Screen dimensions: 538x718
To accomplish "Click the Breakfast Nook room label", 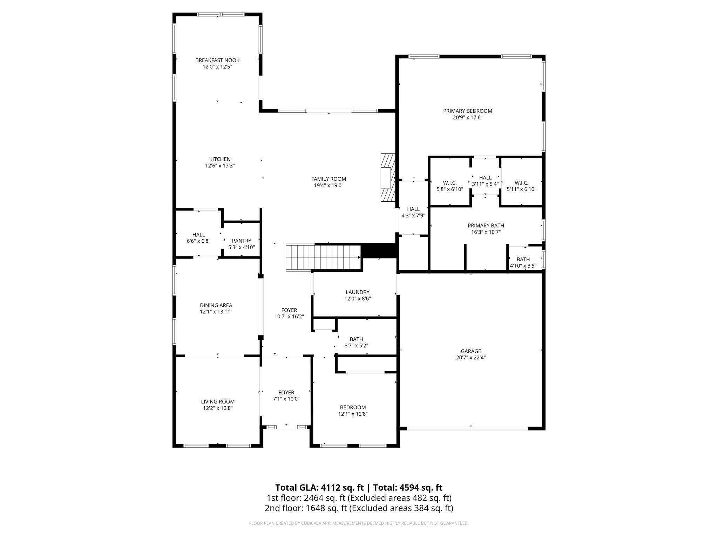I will pyautogui.click(x=217, y=60).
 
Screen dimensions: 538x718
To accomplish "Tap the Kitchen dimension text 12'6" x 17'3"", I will pyautogui.click(x=220, y=166).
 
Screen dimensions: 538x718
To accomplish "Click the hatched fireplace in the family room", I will pyautogui.click(x=387, y=178).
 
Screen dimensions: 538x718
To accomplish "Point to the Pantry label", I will pyautogui.click(x=242, y=241).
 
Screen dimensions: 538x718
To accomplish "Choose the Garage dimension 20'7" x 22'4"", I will pyautogui.click(x=471, y=358).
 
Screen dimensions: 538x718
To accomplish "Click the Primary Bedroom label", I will pyautogui.click(x=467, y=111).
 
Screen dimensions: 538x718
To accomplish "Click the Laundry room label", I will pyautogui.click(x=357, y=292).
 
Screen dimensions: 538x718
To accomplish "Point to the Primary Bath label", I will pyautogui.click(x=486, y=226).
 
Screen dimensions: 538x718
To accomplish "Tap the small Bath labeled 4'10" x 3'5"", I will pyautogui.click(x=523, y=259).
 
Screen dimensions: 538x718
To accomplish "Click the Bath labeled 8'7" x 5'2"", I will pyautogui.click(x=356, y=339).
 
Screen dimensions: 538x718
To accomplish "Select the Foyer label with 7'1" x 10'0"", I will pyautogui.click(x=286, y=392).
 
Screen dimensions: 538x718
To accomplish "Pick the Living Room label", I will pyautogui.click(x=217, y=402).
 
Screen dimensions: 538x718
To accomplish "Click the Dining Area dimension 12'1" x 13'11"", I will pyautogui.click(x=216, y=311).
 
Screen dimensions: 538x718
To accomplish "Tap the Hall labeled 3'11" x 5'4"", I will pyautogui.click(x=485, y=178).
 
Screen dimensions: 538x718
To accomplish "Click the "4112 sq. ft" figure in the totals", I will pyautogui.click(x=343, y=488).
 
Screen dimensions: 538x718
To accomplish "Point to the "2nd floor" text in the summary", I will pyautogui.click(x=282, y=508).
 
